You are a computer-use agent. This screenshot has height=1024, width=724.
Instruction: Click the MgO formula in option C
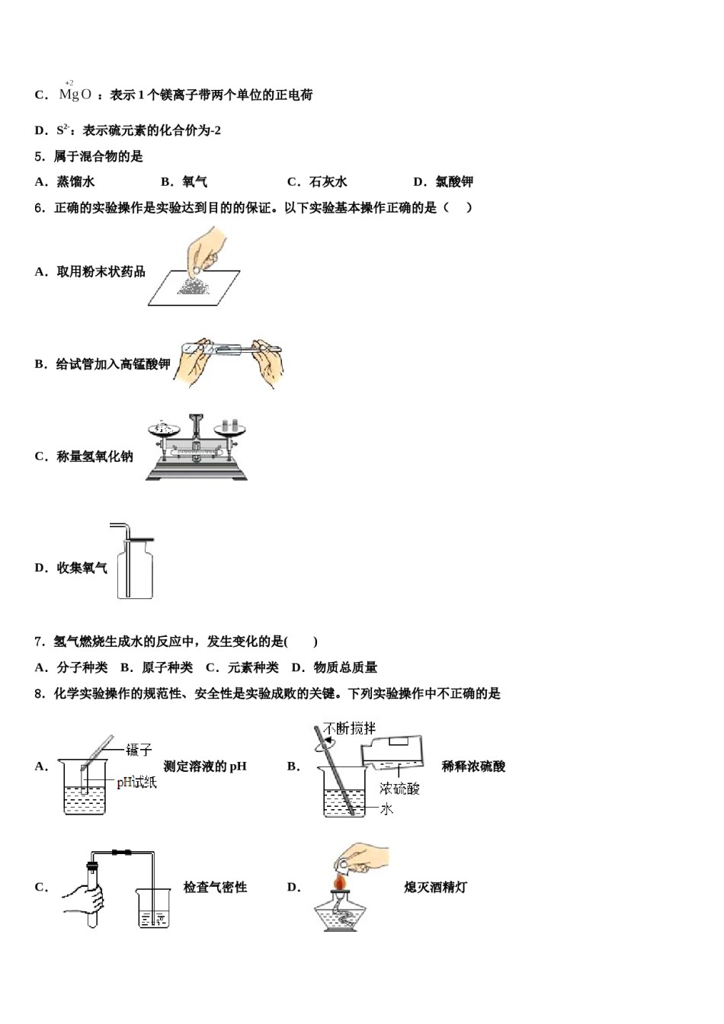(x=75, y=94)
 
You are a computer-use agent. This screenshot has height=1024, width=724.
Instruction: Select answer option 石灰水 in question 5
(x=328, y=181)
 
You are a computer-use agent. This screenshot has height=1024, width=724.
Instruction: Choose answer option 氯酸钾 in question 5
(x=454, y=181)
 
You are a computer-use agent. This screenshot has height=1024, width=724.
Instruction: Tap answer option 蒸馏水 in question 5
(x=75, y=181)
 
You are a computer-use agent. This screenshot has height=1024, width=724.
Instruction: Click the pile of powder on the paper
(x=194, y=284)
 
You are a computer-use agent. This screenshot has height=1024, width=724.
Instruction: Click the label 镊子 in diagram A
(x=139, y=750)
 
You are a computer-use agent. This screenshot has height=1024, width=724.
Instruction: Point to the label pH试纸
(x=137, y=782)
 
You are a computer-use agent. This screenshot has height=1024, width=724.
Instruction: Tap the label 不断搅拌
(x=350, y=728)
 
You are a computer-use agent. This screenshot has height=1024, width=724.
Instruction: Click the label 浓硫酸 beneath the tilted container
(x=399, y=789)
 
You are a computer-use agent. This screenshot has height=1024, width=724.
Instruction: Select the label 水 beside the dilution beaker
(x=386, y=809)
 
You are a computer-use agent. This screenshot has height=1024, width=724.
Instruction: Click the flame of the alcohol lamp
(x=340, y=882)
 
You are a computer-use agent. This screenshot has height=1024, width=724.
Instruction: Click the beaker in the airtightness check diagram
(x=152, y=907)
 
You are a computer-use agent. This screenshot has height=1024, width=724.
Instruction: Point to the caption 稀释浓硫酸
(x=473, y=766)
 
